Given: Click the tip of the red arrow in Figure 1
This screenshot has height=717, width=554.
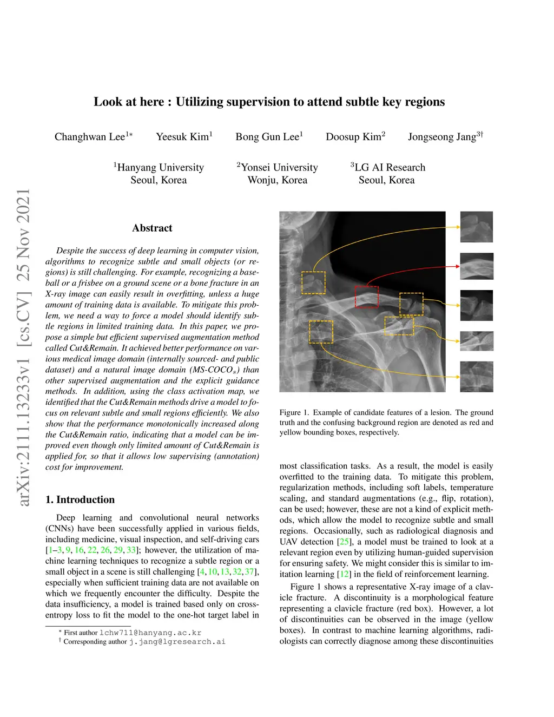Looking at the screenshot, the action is coord(460,266).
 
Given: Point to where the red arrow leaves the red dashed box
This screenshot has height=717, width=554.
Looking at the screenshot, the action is coord(367,286).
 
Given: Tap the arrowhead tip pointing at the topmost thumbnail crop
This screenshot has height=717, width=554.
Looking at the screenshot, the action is coord(460,227).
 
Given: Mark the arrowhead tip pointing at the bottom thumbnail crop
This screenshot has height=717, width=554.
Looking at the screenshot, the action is coord(460,377).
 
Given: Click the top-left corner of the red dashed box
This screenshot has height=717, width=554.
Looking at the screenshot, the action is coord(355,286).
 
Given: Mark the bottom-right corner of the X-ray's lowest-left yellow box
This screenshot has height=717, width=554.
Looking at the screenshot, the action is coord(333,343).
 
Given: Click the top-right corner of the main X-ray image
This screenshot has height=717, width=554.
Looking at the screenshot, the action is coord(445,212).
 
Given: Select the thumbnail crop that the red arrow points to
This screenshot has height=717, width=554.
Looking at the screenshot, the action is coord(477,266).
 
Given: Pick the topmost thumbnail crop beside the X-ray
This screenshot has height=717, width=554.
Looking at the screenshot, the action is coord(477,227).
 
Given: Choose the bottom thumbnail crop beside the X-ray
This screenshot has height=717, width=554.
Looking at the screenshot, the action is coord(477,377).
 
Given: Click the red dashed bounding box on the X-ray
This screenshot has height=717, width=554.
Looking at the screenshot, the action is coord(367,297).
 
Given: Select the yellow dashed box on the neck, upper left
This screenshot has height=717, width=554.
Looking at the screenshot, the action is coord(313,283).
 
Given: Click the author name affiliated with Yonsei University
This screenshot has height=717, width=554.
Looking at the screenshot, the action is coord(355,136).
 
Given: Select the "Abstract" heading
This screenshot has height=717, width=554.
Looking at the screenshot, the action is coord(152,228).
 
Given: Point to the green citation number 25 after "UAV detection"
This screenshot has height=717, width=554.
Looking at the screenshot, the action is coord(344,542).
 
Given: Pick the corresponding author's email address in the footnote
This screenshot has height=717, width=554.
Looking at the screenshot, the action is coord(177,642).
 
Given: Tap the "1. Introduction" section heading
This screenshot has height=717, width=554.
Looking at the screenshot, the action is coord(80,499).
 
